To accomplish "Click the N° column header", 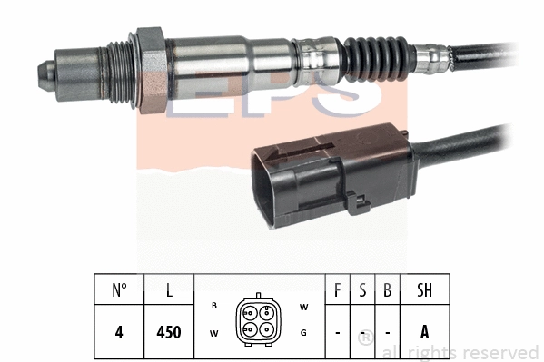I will [119, 291].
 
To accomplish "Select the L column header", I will [169, 291].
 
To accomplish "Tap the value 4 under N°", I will [119, 332].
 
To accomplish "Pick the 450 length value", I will [169, 332].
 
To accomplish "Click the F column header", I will [338, 291].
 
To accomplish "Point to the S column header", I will [362, 291].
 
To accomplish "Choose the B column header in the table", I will [387, 291].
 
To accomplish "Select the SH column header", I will [424, 291].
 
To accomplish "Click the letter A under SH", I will [424, 332].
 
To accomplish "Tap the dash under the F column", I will [338, 333].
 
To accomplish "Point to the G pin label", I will [303, 333].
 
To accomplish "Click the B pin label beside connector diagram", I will [213, 307].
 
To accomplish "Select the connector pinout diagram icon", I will [258, 318].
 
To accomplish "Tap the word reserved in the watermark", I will [499, 353].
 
